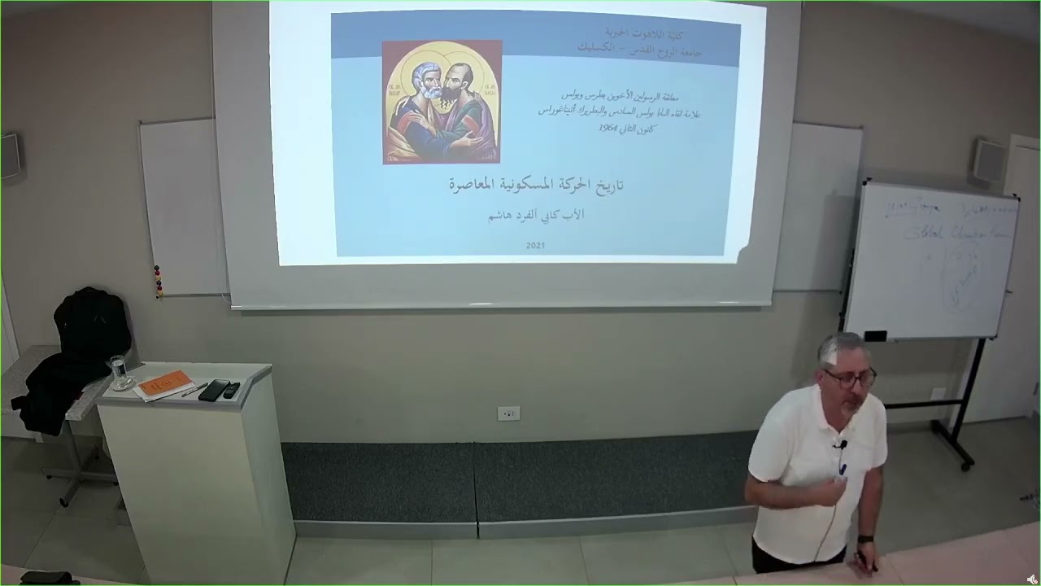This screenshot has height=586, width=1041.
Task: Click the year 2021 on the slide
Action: click(535, 245)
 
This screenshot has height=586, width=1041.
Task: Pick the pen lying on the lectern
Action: click(194, 390)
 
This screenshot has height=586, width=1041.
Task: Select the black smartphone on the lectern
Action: click(213, 390)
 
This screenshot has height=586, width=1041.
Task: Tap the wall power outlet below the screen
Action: click(508, 413)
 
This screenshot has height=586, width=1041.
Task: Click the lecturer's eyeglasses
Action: click(849, 378)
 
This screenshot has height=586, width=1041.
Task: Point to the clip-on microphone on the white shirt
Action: click(843, 444)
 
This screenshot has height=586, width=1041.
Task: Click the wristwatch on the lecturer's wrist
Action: click(865, 539)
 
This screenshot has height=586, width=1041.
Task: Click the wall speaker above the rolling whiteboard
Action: click(989, 160)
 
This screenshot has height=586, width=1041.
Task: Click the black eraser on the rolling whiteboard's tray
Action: click(875, 335)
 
